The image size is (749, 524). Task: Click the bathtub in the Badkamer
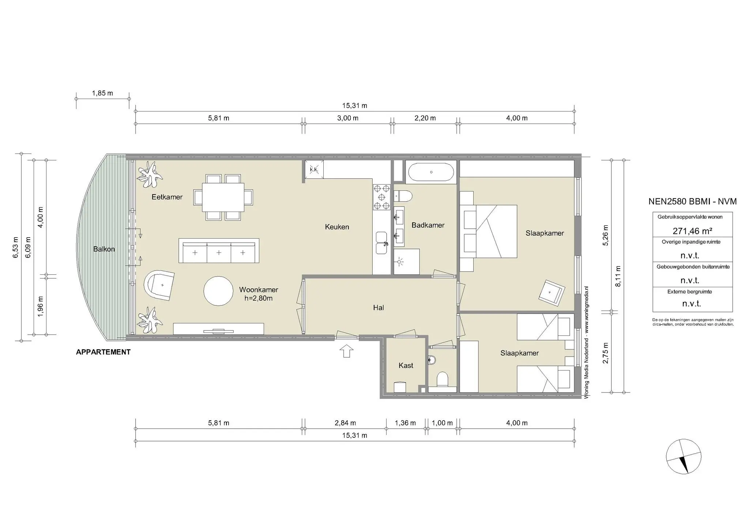point(431,172)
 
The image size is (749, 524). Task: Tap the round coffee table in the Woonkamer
point(218,291)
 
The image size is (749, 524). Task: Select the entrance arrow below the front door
point(346,351)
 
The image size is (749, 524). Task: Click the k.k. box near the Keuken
point(314,170)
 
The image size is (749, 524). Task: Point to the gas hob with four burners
point(382,197)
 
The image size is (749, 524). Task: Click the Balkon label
point(104,249)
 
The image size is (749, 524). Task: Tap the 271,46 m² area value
point(692,231)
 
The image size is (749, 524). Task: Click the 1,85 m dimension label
point(102,93)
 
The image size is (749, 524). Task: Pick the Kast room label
point(406,365)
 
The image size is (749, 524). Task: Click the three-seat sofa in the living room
point(219,251)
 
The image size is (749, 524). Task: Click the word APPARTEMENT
point(103,352)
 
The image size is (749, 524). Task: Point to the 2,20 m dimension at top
point(425,118)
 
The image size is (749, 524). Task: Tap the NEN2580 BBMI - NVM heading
point(692,201)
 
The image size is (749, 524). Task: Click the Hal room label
point(379,308)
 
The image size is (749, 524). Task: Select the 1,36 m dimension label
point(405,423)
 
